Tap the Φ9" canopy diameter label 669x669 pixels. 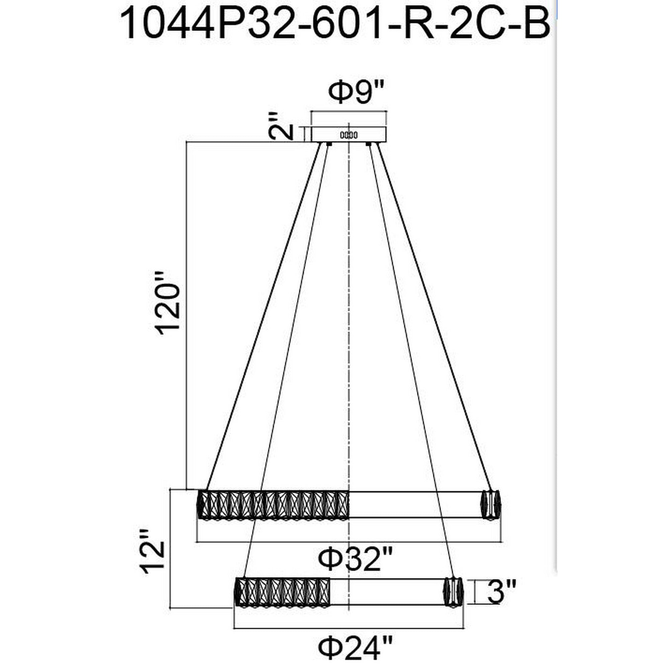point(356,92)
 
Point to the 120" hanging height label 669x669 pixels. point(168,303)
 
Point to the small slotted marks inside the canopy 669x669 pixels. point(349,135)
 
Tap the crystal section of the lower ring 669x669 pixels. point(283,591)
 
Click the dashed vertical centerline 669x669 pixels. point(349,312)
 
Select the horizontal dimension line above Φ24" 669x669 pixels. point(349,628)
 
